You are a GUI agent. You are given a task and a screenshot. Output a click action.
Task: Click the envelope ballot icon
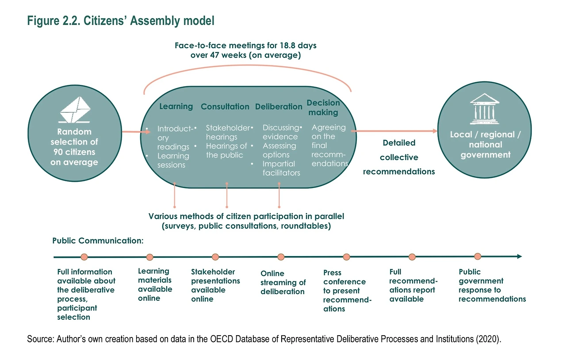(x=75, y=110)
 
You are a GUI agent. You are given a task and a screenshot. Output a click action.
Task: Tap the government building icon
(x=484, y=109)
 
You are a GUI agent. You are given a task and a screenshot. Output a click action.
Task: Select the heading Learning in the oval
(x=176, y=107)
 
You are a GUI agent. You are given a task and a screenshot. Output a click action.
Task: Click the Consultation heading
(x=225, y=107)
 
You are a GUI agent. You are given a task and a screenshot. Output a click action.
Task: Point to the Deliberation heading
(x=279, y=107)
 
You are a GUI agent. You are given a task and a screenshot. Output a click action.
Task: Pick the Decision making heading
(x=323, y=107)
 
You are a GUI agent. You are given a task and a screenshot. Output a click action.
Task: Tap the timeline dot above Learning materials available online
(x=149, y=257)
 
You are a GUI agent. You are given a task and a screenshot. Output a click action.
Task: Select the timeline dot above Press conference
(x=346, y=257)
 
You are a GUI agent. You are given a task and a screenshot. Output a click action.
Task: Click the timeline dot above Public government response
(x=478, y=257)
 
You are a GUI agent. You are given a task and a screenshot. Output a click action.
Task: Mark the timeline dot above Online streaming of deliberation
(x=281, y=257)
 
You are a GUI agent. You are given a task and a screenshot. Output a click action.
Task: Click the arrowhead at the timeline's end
(x=520, y=257)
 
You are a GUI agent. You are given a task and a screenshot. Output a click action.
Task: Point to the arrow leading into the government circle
(x=394, y=131)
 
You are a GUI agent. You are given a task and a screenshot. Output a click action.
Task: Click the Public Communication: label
(x=98, y=241)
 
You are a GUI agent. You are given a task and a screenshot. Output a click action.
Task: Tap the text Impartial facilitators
(x=281, y=169)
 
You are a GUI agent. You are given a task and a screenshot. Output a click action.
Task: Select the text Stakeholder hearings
(x=228, y=132)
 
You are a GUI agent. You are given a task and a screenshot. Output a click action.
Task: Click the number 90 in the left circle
(x=58, y=152)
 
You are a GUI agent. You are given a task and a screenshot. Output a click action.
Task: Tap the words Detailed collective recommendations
(x=399, y=157)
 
